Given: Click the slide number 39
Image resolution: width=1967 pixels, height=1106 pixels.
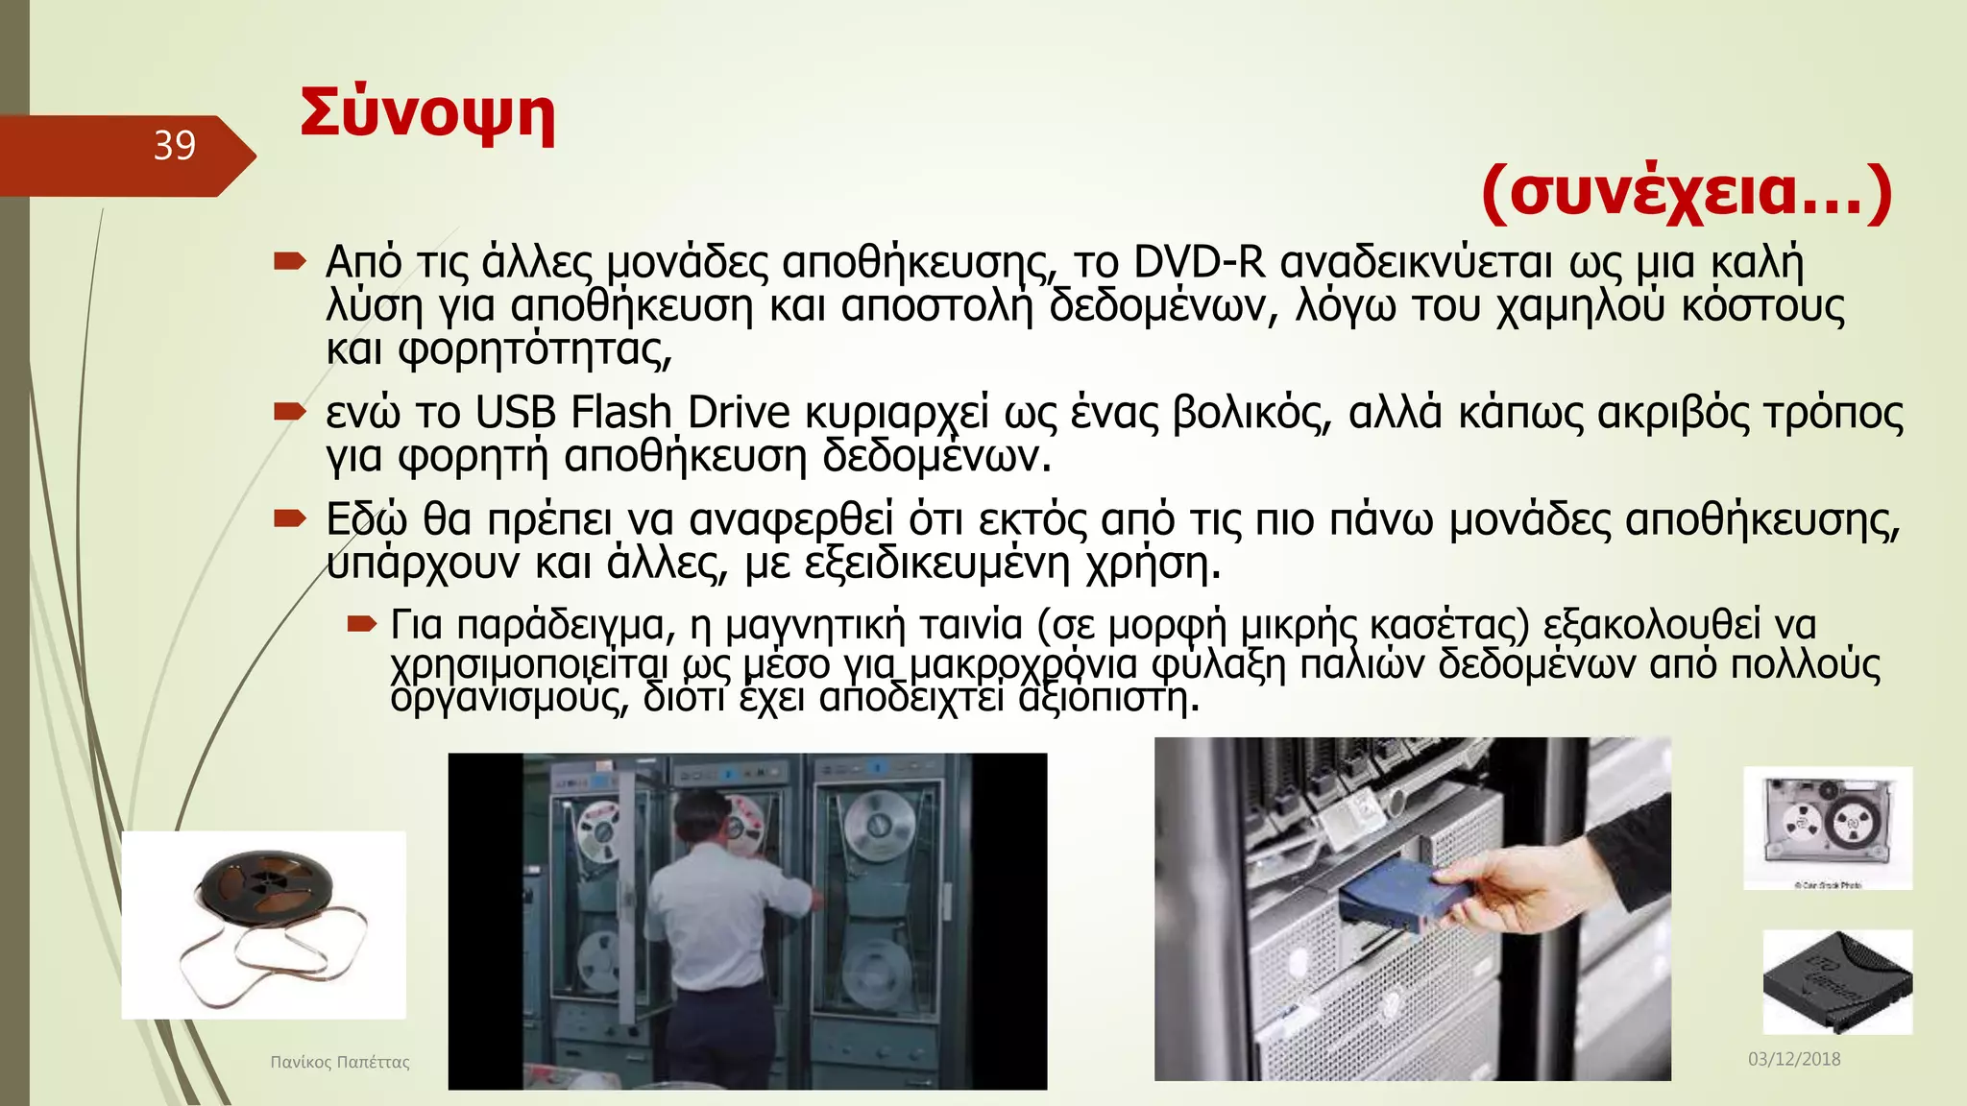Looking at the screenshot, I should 175,146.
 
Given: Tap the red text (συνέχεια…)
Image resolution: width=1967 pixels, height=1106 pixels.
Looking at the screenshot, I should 1687,192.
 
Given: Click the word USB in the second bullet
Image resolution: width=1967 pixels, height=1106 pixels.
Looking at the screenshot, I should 516,414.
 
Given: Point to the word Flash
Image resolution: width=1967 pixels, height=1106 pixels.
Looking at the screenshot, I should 620,414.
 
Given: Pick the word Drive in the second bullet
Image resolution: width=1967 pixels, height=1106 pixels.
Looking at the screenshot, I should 739,414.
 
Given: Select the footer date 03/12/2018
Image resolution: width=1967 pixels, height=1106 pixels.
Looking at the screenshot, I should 1794,1059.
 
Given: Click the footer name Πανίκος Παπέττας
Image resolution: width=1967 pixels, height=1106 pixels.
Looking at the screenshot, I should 340,1062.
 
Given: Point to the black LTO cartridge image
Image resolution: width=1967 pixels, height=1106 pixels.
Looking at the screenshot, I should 1836,982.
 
